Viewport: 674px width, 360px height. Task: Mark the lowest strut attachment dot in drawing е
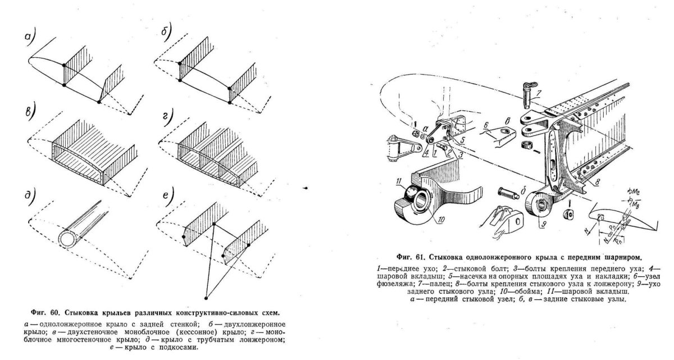207,297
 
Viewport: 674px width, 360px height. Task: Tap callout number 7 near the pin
538,92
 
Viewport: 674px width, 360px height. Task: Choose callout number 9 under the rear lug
543,224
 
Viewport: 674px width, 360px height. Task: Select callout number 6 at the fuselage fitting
485,124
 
